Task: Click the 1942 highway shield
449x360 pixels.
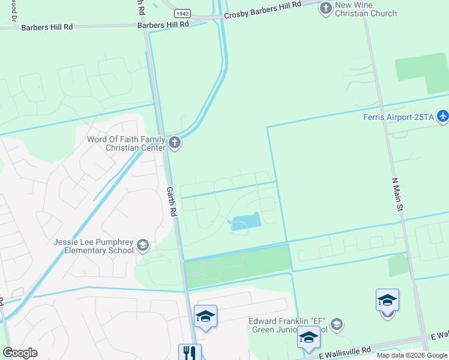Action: pos(182,13)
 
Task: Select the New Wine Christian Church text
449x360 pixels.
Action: pos(366,10)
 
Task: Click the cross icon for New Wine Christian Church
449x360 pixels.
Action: pos(325,8)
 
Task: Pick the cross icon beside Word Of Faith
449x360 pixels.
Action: pos(174,143)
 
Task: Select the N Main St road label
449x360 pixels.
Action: pos(397,193)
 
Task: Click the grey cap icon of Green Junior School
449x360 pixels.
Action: pos(336,325)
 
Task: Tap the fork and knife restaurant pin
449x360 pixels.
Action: pos(190,352)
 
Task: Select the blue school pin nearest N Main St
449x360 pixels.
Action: pos(387,300)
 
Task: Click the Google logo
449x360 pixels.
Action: pos(20,353)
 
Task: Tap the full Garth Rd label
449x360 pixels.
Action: pos(172,201)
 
